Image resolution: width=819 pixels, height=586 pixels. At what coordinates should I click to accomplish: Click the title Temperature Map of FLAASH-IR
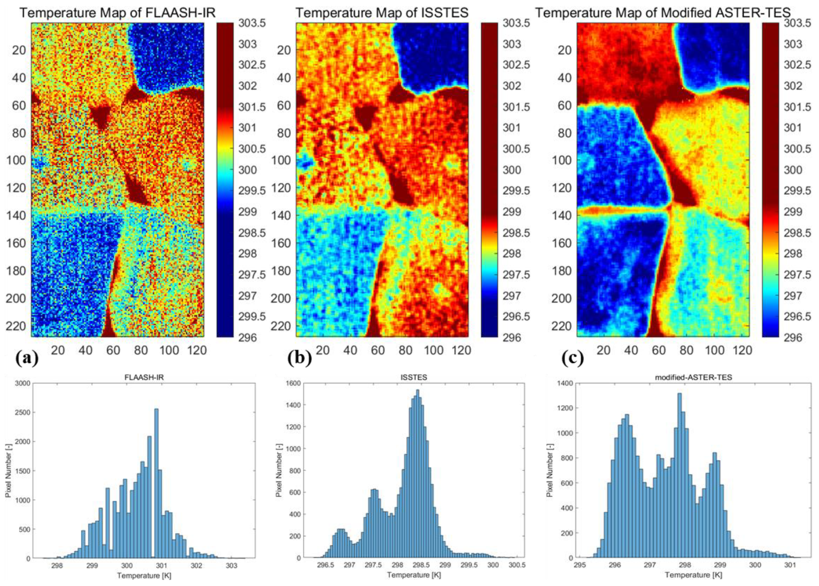[117, 13]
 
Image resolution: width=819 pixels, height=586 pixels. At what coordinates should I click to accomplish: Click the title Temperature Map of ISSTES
[382, 13]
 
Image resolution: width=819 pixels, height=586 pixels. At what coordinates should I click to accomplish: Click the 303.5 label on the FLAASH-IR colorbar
[252, 23]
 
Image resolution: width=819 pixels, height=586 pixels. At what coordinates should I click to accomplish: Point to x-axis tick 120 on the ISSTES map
[462, 350]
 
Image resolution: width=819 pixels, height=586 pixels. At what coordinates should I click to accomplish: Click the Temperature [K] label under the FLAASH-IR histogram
[143, 576]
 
